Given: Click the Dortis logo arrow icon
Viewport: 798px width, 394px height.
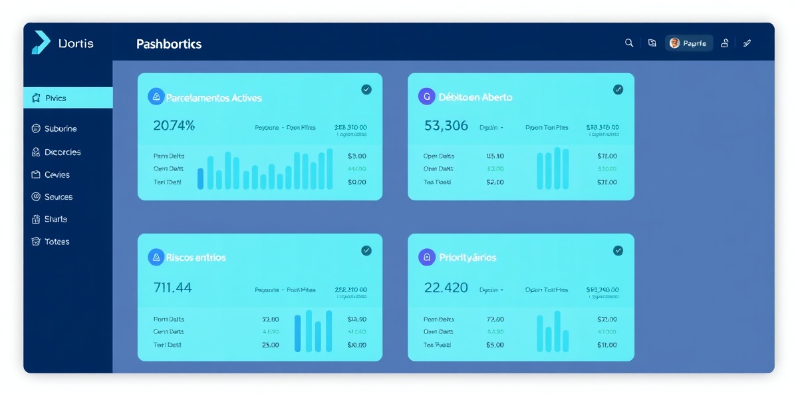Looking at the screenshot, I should (x=41, y=43).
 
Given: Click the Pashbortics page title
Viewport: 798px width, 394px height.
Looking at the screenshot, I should (x=169, y=44).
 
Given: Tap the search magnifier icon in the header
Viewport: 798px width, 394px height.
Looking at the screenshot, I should (x=629, y=43).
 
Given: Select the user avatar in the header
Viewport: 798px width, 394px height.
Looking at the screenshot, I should (x=674, y=43).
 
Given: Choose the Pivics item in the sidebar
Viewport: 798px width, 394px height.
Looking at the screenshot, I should (x=56, y=98).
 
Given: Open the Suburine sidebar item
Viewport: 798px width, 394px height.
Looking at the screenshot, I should (x=60, y=128).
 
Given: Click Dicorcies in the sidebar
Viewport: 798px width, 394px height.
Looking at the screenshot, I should (x=63, y=152).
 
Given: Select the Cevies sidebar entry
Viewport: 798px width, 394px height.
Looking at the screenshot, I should (x=57, y=174).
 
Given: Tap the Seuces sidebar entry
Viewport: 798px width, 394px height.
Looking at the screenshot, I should (x=58, y=197).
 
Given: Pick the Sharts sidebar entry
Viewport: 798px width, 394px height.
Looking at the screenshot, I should (x=55, y=219).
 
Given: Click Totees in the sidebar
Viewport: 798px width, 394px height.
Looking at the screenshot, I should (x=57, y=242).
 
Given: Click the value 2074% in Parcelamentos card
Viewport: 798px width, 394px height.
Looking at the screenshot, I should (x=174, y=125).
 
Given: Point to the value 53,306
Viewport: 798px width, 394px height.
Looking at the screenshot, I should (x=446, y=125).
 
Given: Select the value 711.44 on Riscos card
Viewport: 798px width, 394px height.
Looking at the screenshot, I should (x=172, y=288).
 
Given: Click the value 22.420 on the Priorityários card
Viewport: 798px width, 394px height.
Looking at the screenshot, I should (x=446, y=288).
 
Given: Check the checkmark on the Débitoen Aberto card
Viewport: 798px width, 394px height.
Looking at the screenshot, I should (x=618, y=89).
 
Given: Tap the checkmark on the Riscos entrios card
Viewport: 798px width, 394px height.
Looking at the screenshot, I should (x=366, y=250).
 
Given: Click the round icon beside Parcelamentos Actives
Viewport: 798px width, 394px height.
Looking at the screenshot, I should (x=156, y=97).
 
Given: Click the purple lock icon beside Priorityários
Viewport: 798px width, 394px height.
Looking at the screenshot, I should (x=426, y=257).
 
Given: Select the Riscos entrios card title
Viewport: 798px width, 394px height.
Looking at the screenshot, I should (x=196, y=257).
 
